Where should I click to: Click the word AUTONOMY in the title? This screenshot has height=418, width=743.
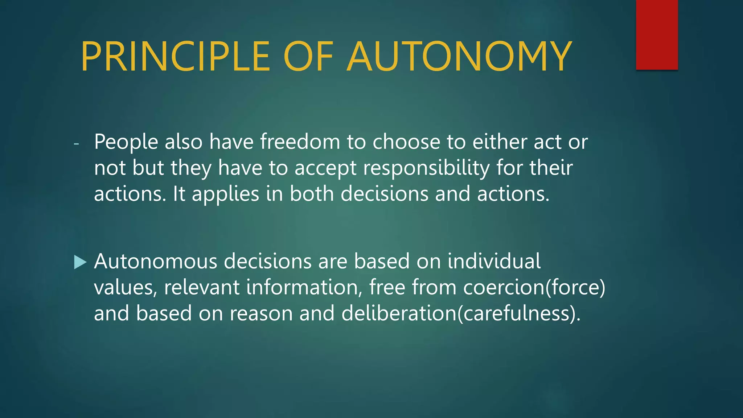click(459, 57)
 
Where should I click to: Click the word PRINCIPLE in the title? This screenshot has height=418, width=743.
click(175, 57)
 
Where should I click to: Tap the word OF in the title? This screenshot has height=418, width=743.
click(308, 57)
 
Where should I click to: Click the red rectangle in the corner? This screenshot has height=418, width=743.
click(657, 35)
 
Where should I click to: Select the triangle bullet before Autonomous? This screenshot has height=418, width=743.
click(80, 262)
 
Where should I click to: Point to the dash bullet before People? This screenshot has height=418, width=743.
click(76, 144)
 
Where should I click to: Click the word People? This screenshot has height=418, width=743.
click(126, 142)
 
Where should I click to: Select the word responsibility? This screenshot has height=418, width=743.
click(426, 168)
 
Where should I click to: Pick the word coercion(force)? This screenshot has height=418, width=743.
click(534, 287)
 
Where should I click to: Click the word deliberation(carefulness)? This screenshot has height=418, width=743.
click(461, 313)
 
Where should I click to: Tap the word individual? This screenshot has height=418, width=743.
click(494, 261)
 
